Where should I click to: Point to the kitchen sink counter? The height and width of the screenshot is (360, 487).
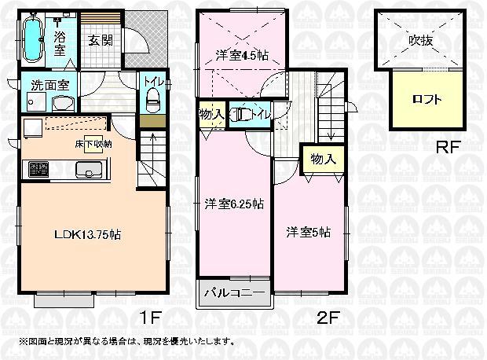(86, 170)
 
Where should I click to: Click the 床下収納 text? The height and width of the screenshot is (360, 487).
(92, 144)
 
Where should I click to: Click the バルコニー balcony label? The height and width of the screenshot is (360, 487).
(233, 292)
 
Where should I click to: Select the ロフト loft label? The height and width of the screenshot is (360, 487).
(427, 100)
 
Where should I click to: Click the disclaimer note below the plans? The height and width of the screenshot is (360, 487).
(126, 341)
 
